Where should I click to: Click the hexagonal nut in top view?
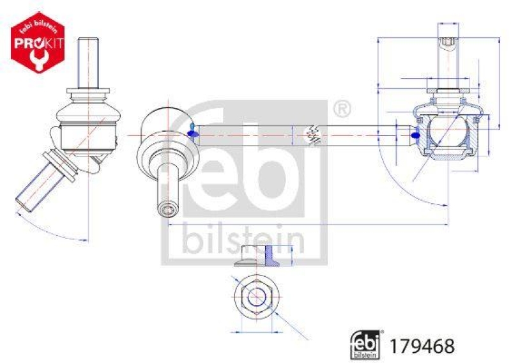(x=256, y=297)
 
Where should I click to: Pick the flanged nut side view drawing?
(x=257, y=256)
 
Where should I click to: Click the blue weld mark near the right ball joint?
(x=415, y=135)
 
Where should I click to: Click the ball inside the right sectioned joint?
(x=447, y=131)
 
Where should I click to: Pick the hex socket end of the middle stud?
(x=167, y=208)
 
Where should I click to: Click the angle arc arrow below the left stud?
(x=51, y=230)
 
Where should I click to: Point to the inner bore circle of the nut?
(x=256, y=297)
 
